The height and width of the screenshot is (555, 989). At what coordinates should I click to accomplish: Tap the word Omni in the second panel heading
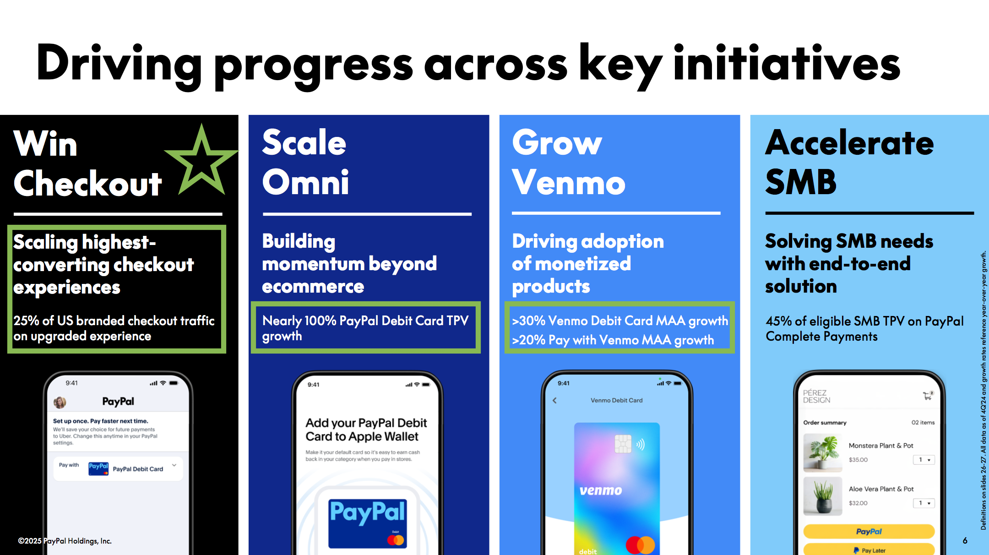[x=305, y=182]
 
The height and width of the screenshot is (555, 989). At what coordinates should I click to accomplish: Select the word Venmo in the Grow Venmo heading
[x=569, y=183]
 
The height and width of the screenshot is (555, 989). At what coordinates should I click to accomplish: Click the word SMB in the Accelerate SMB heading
[x=801, y=182]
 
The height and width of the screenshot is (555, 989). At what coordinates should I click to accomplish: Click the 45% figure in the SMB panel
[x=779, y=321]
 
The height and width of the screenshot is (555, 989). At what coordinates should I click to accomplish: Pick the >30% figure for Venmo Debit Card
[x=529, y=321]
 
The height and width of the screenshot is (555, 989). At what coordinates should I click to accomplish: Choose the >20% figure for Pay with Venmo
[x=529, y=340]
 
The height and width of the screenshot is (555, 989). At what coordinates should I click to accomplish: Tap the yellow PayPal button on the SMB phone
[x=869, y=531]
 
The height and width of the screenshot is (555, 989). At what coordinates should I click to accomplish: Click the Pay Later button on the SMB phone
[x=869, y=550]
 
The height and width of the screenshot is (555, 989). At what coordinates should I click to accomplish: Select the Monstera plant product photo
[x=823, y=452]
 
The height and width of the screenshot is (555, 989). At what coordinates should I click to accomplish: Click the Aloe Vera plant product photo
[x=823, y=496]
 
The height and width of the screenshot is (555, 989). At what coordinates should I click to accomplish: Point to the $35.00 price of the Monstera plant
[x=858, y=460]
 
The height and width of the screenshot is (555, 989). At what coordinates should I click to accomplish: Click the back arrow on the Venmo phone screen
[x=554, y=400]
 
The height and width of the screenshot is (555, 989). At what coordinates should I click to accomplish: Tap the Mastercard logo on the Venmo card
[x=640, y=545]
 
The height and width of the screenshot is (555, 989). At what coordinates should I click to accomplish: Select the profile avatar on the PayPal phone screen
[x=60, y=403]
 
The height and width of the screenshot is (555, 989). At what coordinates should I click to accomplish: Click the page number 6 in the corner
[x=965, y=540]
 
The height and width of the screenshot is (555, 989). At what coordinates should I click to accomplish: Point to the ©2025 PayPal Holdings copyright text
[x=65, y=541]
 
